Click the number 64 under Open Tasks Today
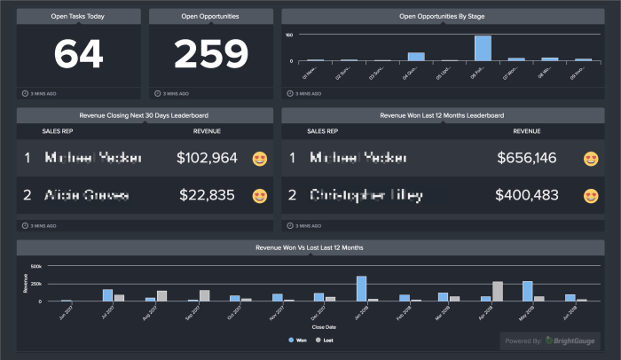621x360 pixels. [78, 54]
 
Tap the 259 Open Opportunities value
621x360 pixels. [210, 54]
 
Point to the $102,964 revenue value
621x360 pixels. [207, 158]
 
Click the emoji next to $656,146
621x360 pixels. [591, 159]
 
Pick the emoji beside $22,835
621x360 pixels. [260, 195]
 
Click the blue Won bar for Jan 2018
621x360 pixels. [362, 289]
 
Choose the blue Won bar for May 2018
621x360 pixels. [527, 292]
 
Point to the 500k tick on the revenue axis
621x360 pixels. [35, 265]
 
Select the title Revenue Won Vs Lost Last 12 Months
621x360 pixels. [310, 247]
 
